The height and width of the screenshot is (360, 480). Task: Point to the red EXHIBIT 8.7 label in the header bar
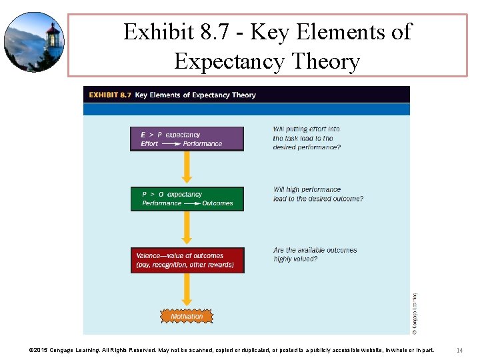click(x=109, y=95)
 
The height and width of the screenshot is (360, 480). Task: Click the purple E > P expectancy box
click(x=187, y=139)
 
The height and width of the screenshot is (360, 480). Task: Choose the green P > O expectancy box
click(x=187, y=199)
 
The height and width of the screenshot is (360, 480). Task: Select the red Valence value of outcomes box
click(x=187, y=260)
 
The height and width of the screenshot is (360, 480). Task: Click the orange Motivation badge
click(x=187, y=316)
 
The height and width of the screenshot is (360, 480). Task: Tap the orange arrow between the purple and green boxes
click(x=187, y=168)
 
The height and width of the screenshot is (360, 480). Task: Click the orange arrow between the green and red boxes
click(x=187, y=229)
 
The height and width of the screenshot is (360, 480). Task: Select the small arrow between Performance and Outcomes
click(x=192, y=203)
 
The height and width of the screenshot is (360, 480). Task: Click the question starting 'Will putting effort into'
click(x=307, y=138)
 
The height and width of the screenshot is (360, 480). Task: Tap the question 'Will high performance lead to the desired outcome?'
click(x=318, y=194)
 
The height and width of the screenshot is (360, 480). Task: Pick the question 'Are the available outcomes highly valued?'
click(x=315, y=255)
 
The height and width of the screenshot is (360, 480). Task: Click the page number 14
click(x=460, y=350)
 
